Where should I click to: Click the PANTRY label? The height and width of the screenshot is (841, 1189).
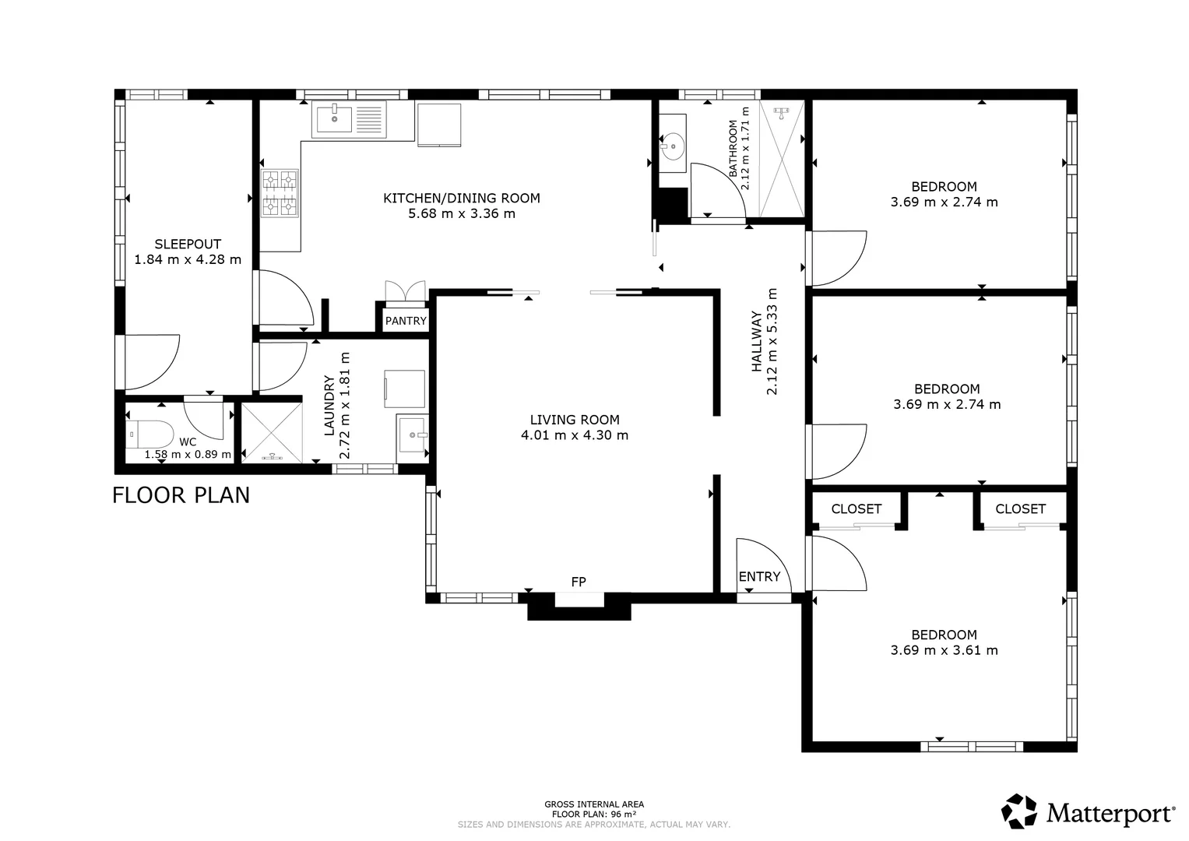coord(406,321)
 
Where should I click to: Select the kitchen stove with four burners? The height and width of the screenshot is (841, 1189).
coord(280,193)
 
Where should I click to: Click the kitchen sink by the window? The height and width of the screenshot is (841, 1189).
coord(349,119)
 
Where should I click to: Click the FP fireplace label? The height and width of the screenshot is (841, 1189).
coord(579,582)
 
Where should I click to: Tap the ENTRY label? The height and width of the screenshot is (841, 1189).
coord(759,576)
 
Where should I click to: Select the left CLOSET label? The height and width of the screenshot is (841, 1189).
coord(856,509)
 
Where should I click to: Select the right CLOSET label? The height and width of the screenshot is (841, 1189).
coord(1020,509)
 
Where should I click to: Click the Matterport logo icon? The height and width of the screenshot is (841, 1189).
coord(1019,811)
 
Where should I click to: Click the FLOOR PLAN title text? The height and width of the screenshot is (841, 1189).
coord(181,495)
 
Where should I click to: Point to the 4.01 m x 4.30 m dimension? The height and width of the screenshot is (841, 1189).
coord(575,435)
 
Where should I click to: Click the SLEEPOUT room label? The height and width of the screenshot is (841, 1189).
coord(188,244)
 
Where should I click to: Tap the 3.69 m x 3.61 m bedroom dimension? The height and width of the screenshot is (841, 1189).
coord(944,650)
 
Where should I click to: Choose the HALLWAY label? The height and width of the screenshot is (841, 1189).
coord(756,342)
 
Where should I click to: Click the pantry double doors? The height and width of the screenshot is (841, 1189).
coord(406,291)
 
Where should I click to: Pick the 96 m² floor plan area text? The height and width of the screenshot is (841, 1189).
coord(594,815)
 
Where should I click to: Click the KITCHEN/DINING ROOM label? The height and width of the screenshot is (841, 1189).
coord(462,198)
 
